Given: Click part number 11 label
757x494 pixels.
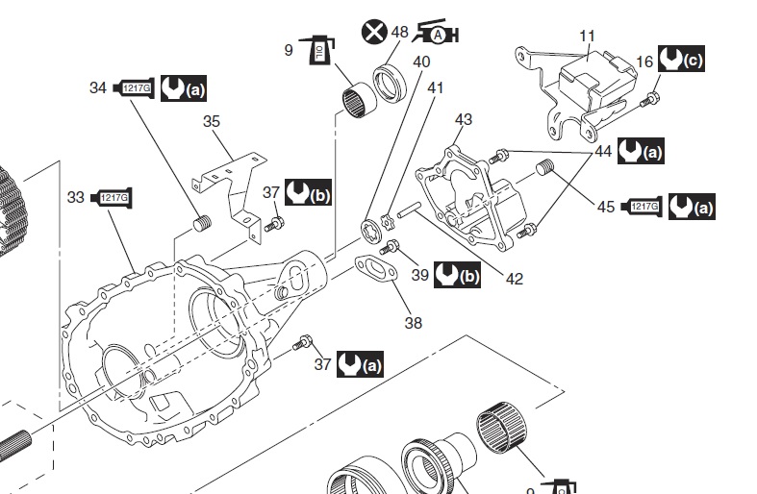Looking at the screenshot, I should click(x=588, y=37).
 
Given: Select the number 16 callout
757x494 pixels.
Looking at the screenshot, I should click(x=644, y=62).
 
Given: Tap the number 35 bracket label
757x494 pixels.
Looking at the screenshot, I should click(x=213, y=121).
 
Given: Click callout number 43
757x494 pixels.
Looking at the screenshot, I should click(x=464, y=119).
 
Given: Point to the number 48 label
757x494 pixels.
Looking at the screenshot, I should click(x=400, y=33).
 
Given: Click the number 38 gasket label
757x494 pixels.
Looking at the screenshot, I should click(x=413, y=323).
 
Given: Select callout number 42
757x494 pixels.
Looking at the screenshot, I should click(x=515, y=280).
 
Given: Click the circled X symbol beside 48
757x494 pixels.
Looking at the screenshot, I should click(x=373, y=32).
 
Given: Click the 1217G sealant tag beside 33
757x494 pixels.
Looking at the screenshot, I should click(x=111, y=198).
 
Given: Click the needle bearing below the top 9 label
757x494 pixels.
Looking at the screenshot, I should click(x=357, y=99).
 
